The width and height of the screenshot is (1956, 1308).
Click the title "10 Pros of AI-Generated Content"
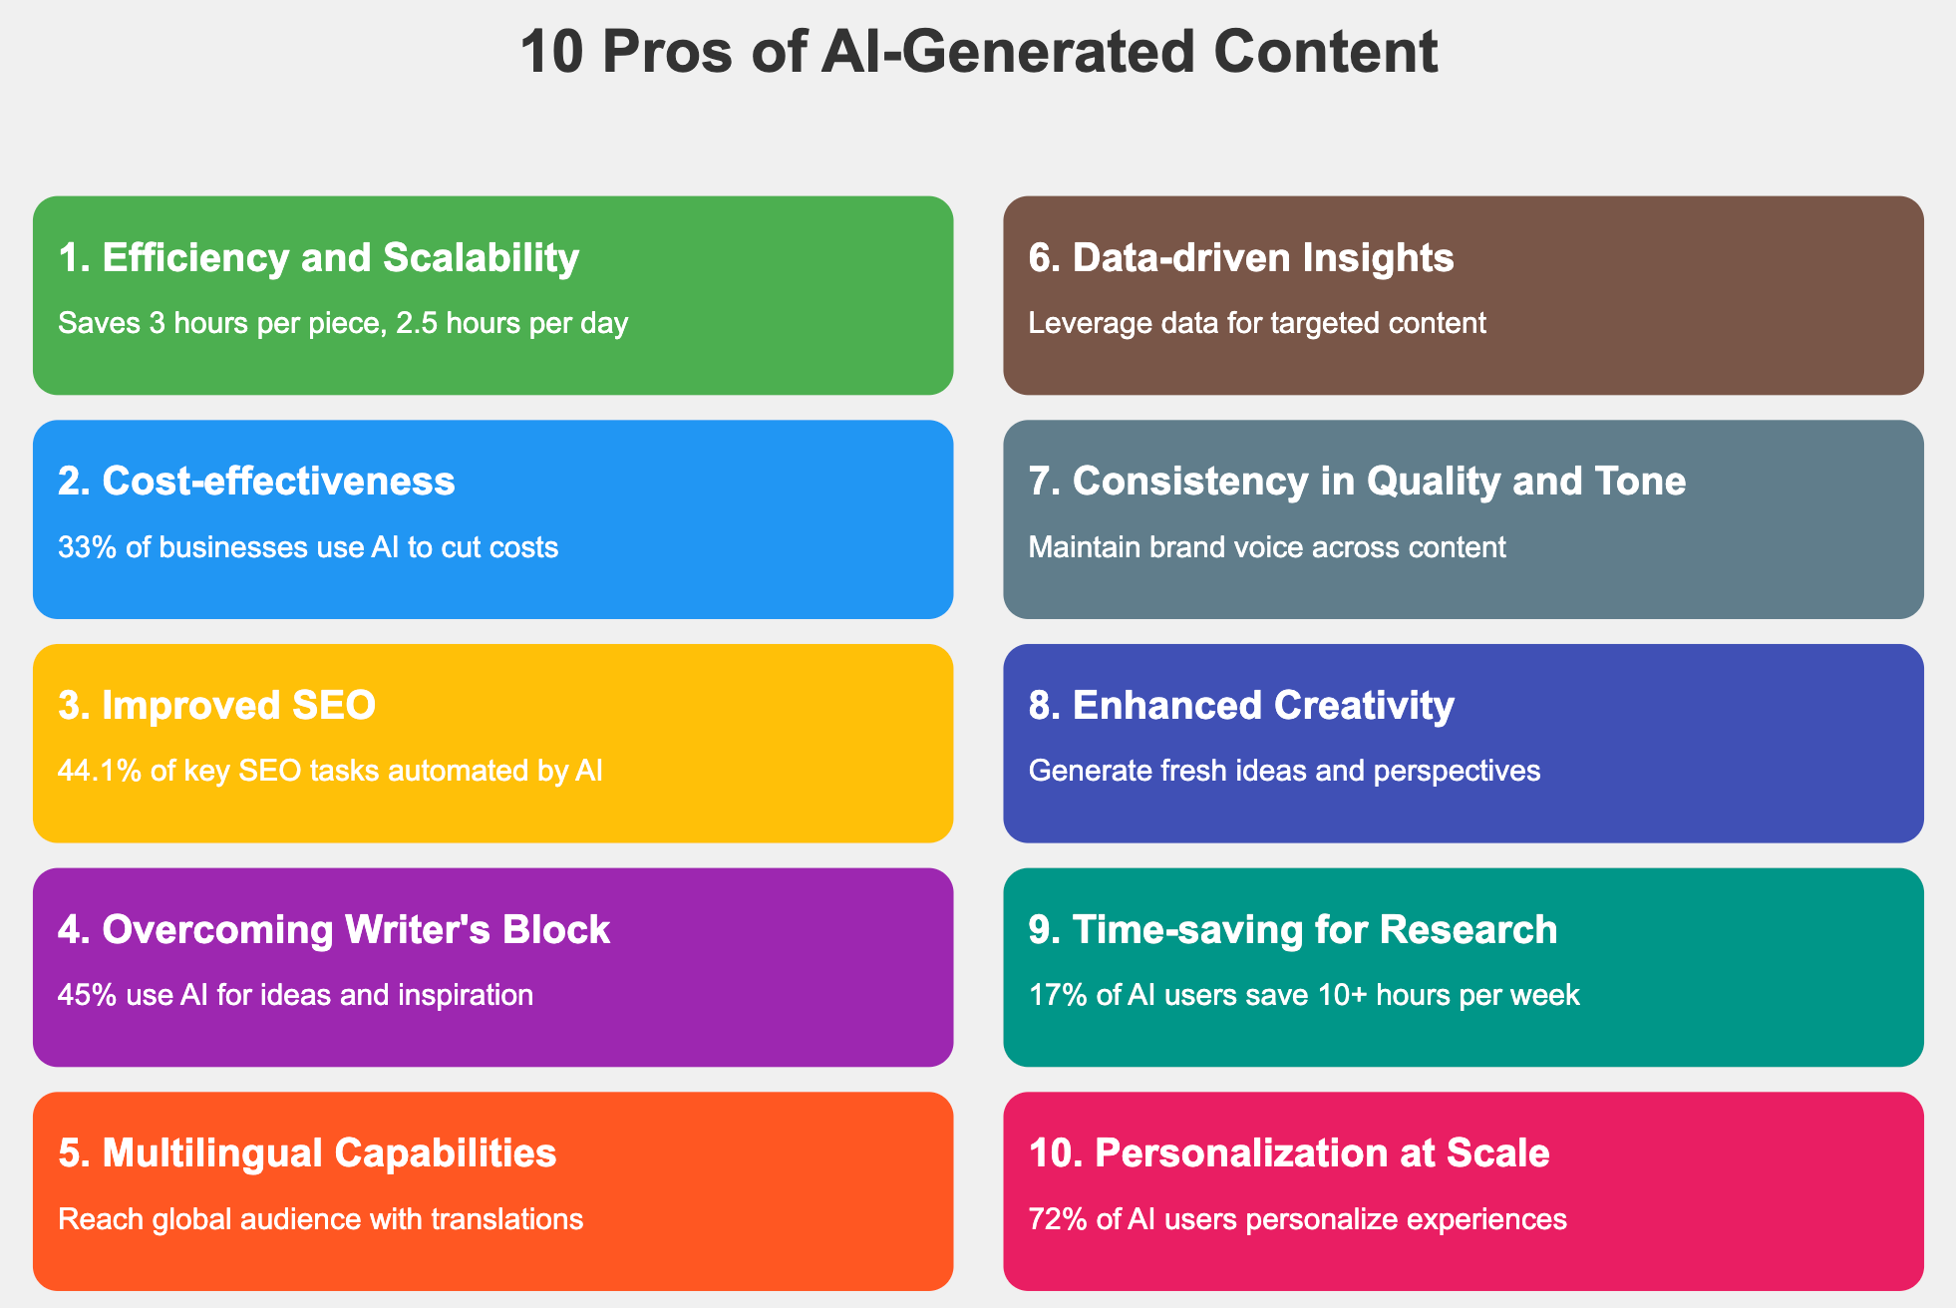click(978, 52)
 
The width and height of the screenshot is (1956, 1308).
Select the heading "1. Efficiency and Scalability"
click(318, 257)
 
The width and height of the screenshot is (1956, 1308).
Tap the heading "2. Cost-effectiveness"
click(256, 481)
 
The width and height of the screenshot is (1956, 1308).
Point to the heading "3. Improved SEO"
click(217, 705)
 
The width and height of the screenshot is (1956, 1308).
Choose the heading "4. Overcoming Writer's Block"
click(334, 929)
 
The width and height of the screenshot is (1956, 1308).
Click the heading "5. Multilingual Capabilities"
click(307, 1152)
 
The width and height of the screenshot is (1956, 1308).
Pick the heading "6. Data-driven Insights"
click(1241, 257)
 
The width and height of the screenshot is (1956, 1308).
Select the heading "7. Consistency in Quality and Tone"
click(1357, 481)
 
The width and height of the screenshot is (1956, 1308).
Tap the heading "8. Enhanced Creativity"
click(1241, 705)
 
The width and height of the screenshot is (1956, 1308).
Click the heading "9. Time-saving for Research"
click(1293, 929)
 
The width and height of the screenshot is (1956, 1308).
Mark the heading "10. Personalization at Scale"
click(1289, 1152)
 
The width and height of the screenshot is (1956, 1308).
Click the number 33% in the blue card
click(83, 547)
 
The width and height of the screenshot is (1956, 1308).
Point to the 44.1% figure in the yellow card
click(100, 771)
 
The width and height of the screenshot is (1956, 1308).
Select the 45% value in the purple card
click(83, 995)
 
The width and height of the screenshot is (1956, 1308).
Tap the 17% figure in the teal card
click(1053, 995)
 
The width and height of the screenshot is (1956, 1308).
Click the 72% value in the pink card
click(1053, 1219)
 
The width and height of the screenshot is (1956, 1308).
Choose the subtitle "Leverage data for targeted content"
click(1257, 323)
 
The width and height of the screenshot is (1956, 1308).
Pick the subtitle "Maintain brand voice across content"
click(1267, 547)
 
